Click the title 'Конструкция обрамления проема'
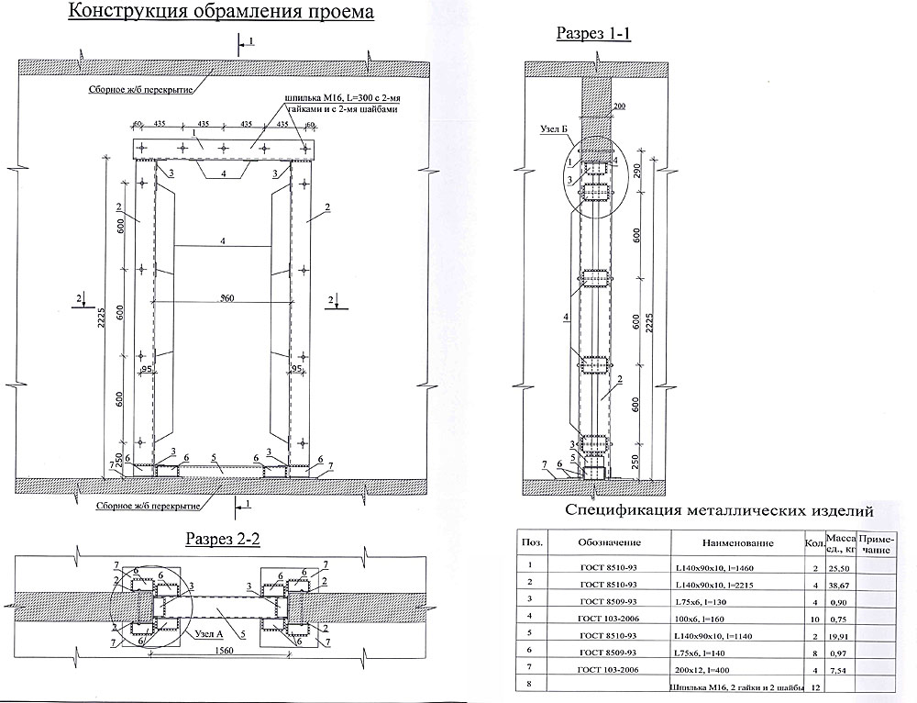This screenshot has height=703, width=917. coord(220,12)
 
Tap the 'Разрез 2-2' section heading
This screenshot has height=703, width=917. coord(223,539)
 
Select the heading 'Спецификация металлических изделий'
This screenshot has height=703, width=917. coord(718,511)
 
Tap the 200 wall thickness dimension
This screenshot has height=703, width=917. coord(618,108)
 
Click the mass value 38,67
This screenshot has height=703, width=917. coord(838,585)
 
